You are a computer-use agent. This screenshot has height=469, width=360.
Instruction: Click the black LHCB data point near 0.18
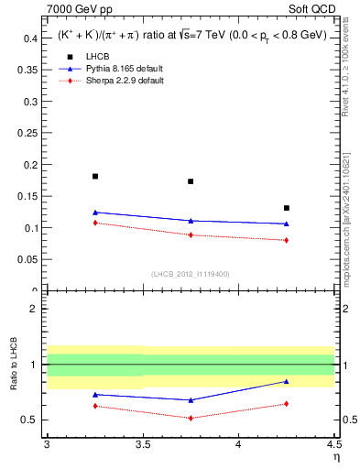tap(95, 176)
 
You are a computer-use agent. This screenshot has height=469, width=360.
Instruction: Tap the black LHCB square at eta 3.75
tap(191, 181)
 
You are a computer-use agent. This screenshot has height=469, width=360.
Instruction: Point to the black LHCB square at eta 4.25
tap(287, 208)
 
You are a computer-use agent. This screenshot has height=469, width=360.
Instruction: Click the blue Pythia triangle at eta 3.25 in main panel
tap(95, 213)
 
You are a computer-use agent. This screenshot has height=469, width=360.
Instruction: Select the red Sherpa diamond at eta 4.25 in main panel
tap(287, 240)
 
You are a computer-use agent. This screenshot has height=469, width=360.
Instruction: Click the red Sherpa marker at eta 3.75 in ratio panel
tap(191, 418)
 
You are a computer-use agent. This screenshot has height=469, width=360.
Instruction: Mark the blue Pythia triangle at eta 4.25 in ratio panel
tap(287, 381)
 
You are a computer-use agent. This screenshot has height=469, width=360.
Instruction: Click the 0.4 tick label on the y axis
tap(30, 38)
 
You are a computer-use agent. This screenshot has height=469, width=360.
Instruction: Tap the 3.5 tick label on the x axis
tap(143, 444)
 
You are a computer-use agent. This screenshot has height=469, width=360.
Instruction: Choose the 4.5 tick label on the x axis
tap(333, 444)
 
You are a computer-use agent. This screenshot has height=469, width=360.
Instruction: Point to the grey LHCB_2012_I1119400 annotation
tap(191, 273)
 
